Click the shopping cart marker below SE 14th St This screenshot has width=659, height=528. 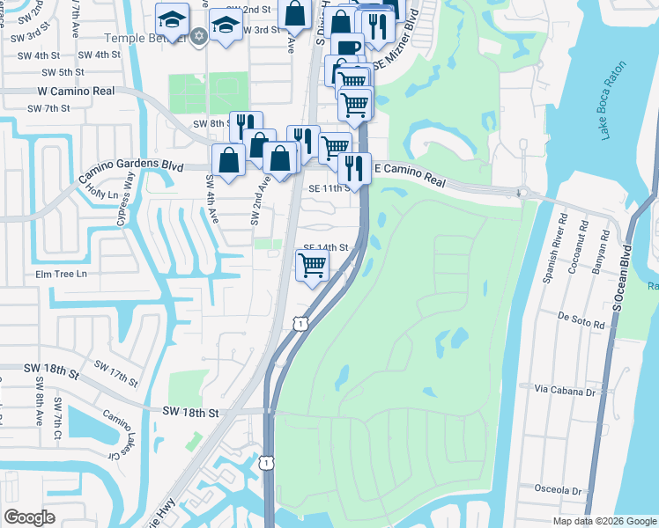(x=312, y=265)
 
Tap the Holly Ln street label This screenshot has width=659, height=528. (x=102, y=194)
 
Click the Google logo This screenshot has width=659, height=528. (x=30, y=517)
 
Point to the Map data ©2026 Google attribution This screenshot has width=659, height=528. (x=603, y=521)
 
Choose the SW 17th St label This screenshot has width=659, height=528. (x=115, y=373)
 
